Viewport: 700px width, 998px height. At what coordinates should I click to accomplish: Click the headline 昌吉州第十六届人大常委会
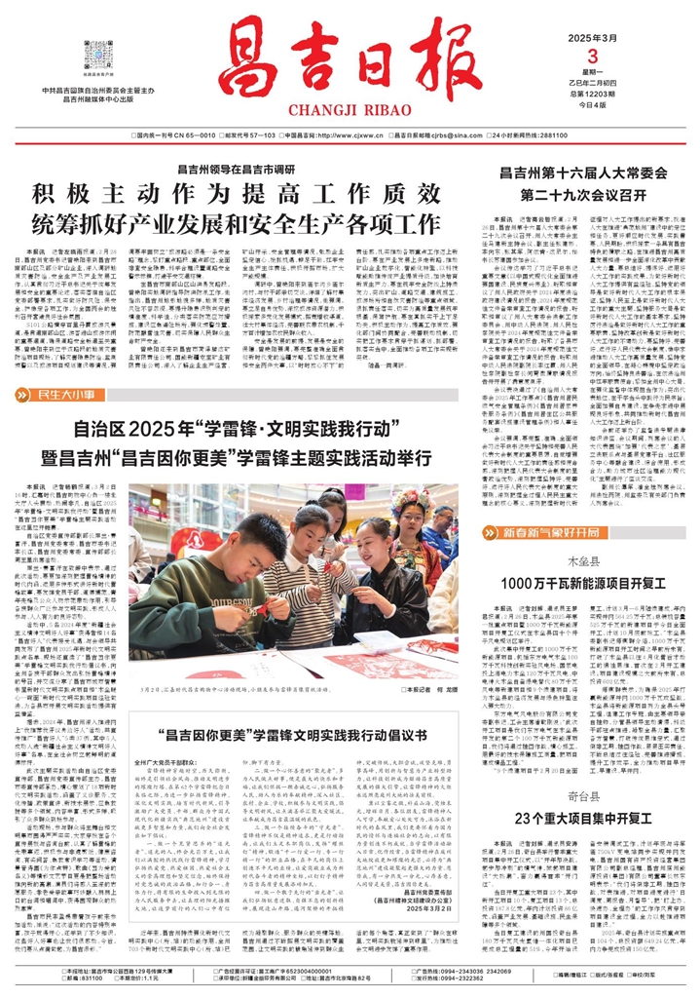click(568, 174)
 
